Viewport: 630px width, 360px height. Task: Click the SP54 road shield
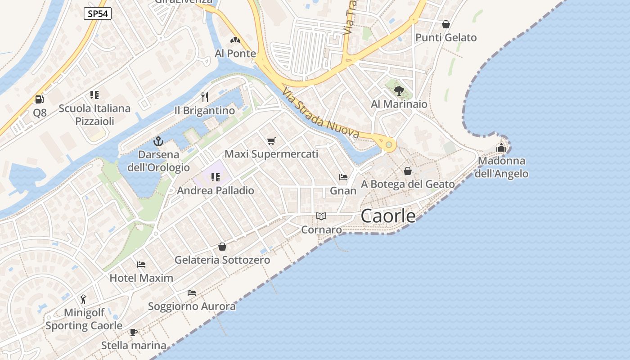(98, 13)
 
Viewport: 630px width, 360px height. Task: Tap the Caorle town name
(388, 216)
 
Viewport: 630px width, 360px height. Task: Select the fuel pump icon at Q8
(40, 99)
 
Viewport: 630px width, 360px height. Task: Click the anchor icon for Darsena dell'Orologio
(158, 142)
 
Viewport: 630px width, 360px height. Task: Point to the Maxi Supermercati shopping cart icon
(271, 141)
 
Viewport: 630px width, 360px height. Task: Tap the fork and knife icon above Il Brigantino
(205, 97)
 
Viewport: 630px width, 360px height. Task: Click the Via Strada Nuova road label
(321, 113)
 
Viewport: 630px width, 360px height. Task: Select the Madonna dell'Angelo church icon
(501, 147)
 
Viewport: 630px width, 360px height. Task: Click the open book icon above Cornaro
(321, 216)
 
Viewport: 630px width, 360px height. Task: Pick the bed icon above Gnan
(343, 177)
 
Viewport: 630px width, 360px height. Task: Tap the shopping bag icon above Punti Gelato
(445, 24)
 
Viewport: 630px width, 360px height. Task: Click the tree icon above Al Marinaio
(399, 91)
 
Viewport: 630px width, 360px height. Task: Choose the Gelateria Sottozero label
(222, 260)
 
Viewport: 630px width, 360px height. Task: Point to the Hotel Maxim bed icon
(141, 265)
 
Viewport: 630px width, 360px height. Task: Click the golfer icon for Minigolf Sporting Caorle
(83, 299)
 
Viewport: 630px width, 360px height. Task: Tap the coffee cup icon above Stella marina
(133, 333)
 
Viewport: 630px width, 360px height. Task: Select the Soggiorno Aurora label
(192, 306)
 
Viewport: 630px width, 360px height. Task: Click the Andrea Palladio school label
(216, 190)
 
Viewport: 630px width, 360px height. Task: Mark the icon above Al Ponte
(235, 40)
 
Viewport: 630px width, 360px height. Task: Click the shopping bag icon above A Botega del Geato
(408, 171)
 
